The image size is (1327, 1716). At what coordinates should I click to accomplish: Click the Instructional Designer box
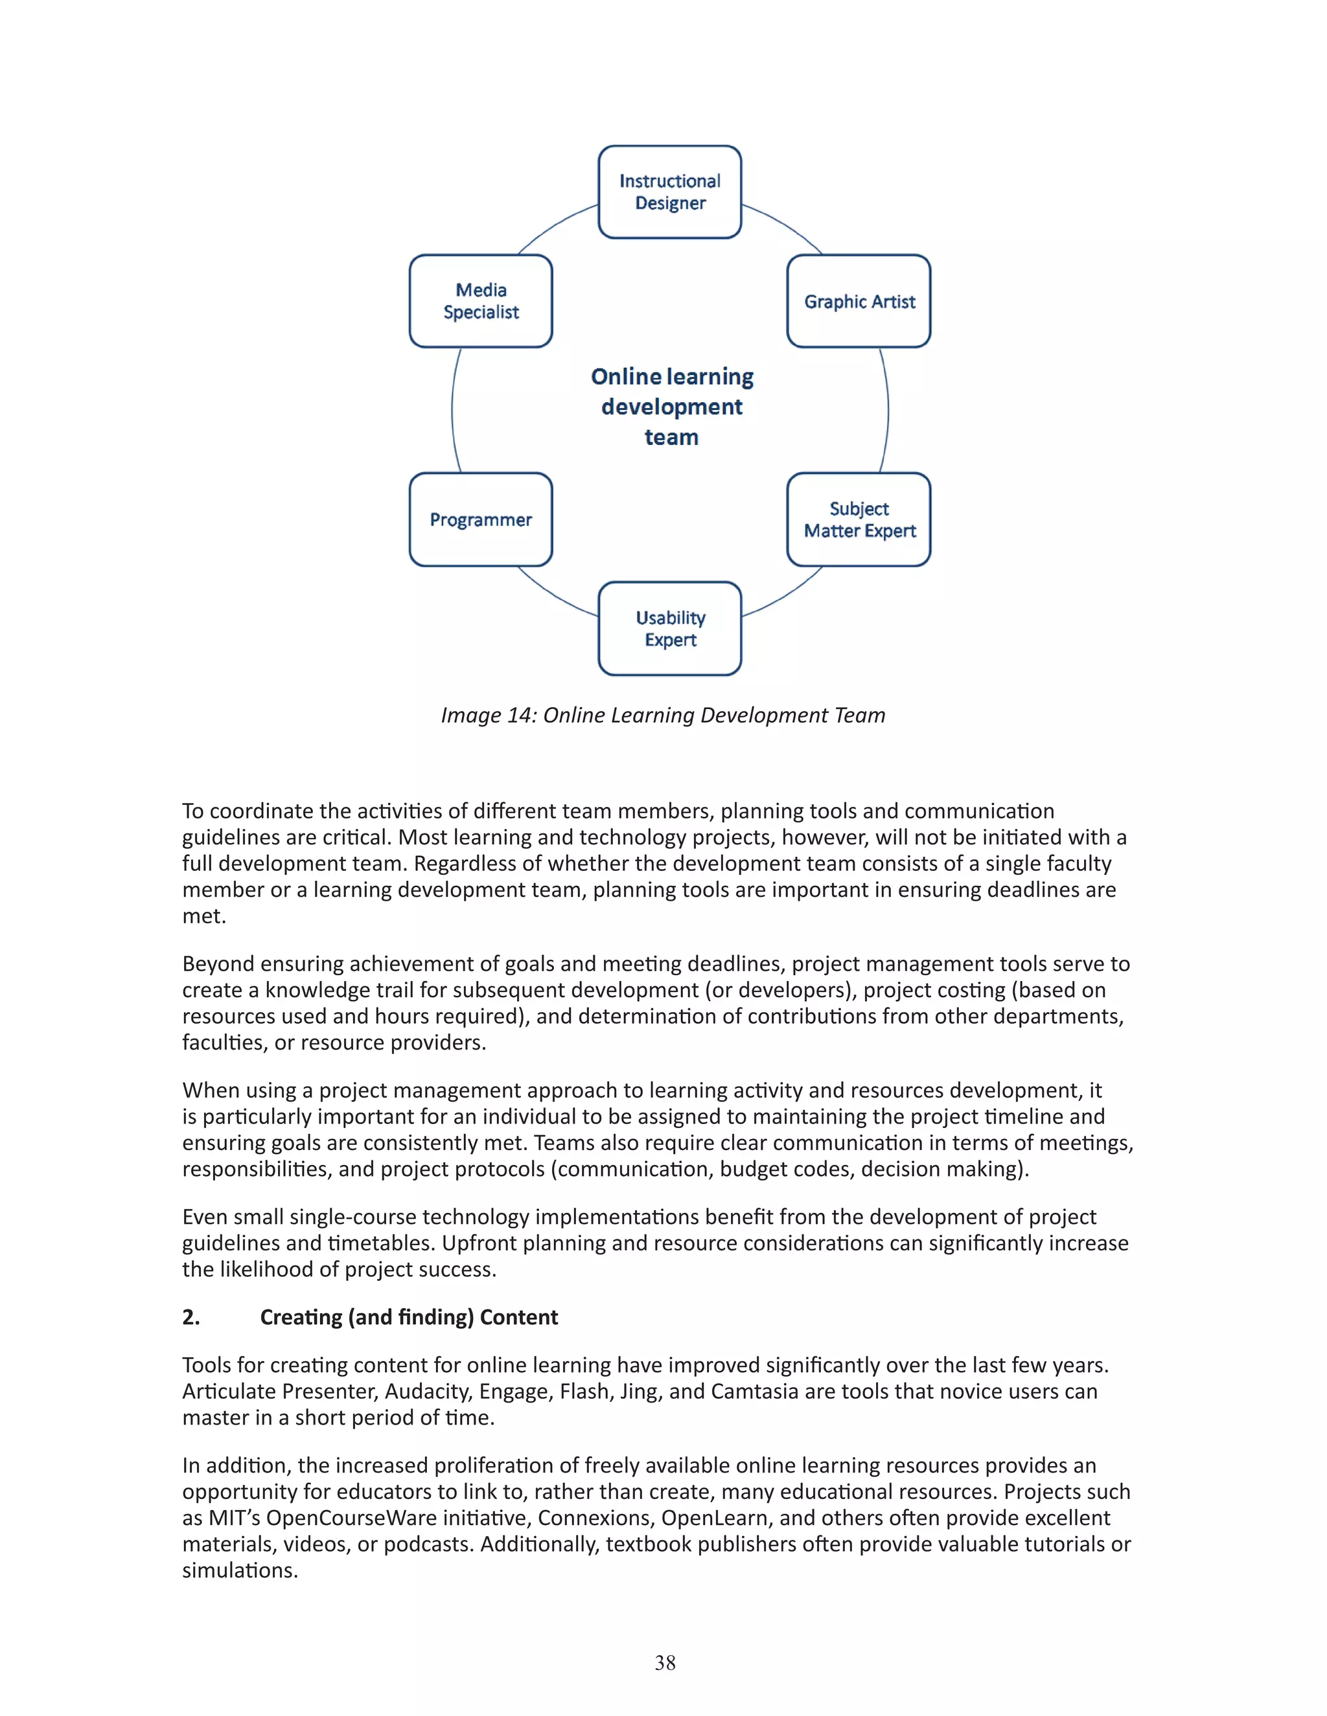point(670,192)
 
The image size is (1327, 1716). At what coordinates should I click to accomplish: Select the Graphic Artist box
point(859,301)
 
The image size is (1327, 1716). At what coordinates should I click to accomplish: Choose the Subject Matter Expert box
point(859,519)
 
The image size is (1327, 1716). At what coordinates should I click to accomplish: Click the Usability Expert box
point(670,629)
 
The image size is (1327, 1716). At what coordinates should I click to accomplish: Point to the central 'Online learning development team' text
point(671,407)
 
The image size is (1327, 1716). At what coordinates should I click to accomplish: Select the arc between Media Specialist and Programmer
point(453,410)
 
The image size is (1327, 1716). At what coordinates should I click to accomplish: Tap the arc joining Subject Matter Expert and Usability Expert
point(786,595)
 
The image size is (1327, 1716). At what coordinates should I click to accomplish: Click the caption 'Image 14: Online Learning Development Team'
point(663,715)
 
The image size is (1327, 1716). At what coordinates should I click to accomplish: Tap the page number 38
point(664,1662)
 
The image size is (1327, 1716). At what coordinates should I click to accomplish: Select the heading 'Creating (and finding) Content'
point(409,1317)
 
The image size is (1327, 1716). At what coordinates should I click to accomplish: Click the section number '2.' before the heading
point(191,1317)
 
